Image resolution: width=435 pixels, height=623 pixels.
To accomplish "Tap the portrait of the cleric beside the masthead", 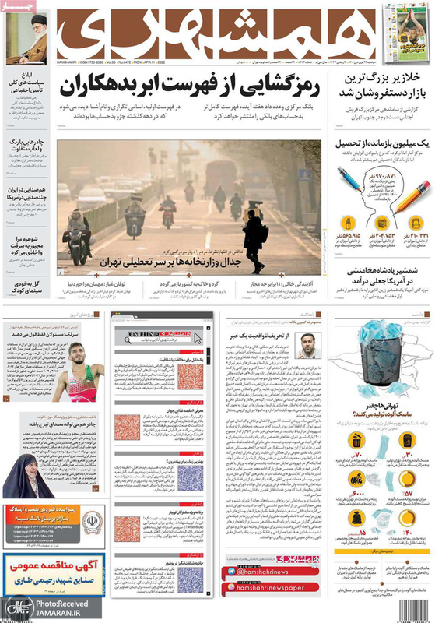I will pos(29,40).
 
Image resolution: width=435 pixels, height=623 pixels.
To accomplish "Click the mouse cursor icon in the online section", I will pos(196,337).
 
